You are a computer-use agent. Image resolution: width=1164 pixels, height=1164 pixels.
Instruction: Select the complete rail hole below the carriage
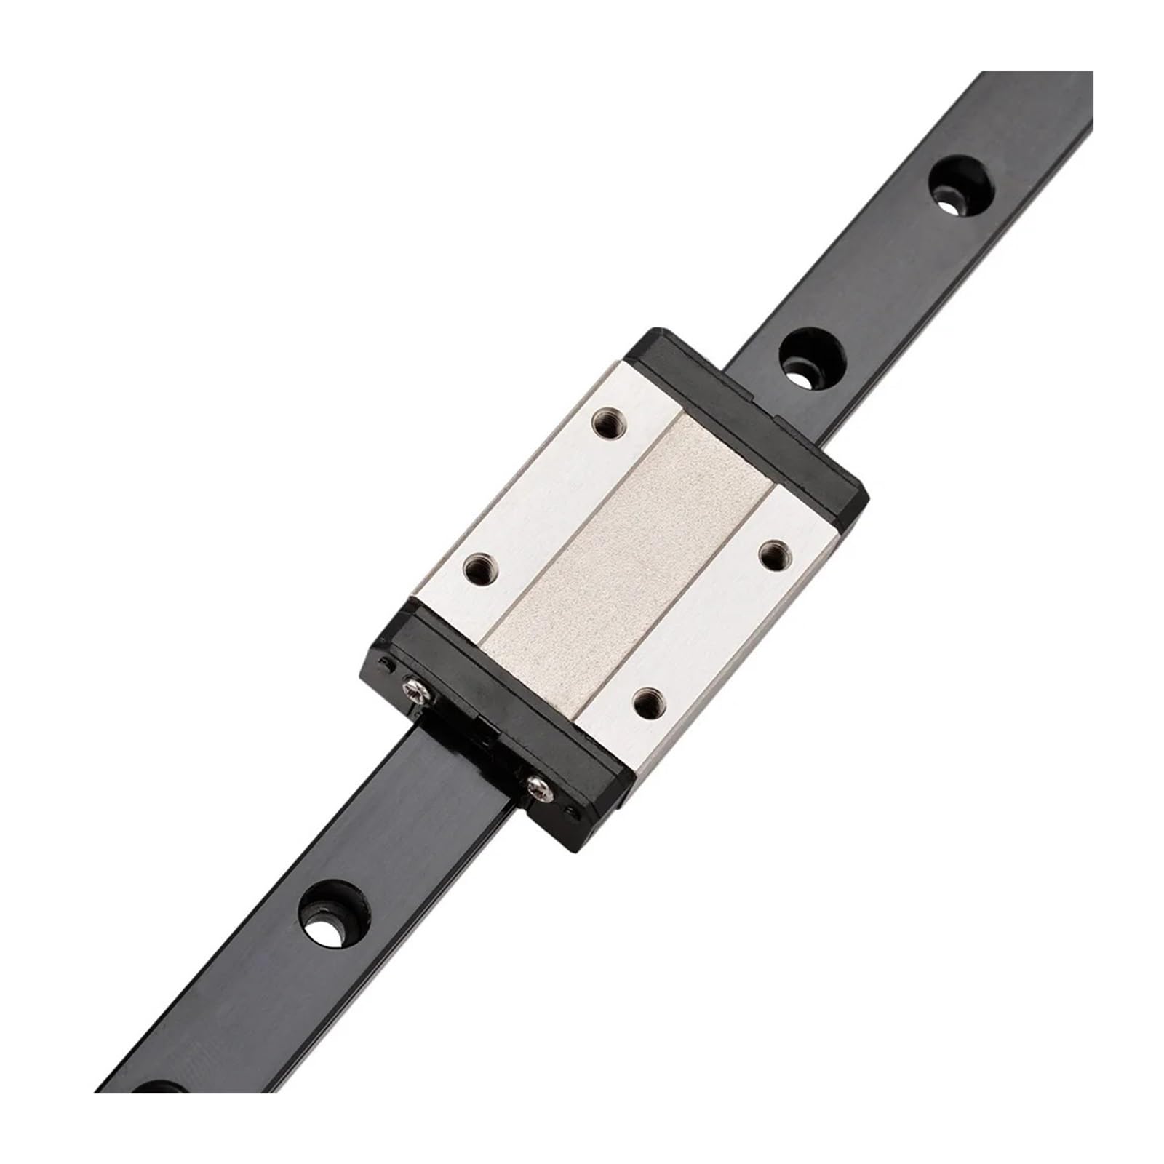pos(330,912)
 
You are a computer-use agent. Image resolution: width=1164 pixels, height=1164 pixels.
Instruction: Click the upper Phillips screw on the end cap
pos(413,684)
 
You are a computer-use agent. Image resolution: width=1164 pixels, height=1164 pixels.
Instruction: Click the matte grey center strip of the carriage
pos(626,560)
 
